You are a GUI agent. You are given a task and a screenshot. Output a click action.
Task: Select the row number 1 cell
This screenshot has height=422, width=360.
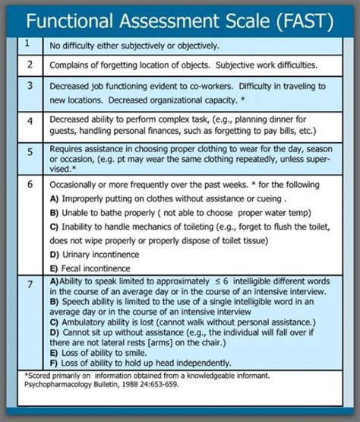pos(27,44)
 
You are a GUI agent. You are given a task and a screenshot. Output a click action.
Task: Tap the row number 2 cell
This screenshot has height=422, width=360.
pos(27,65)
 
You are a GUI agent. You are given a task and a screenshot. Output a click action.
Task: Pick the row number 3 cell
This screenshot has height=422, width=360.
pos(27,86)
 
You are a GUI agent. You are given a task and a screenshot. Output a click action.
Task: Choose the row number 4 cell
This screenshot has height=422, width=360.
pos(27,121)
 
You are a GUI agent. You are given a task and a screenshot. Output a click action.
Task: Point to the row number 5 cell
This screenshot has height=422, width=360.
pos(27,151)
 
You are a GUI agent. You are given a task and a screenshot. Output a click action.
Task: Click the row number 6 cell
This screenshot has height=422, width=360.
pos(27,185)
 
